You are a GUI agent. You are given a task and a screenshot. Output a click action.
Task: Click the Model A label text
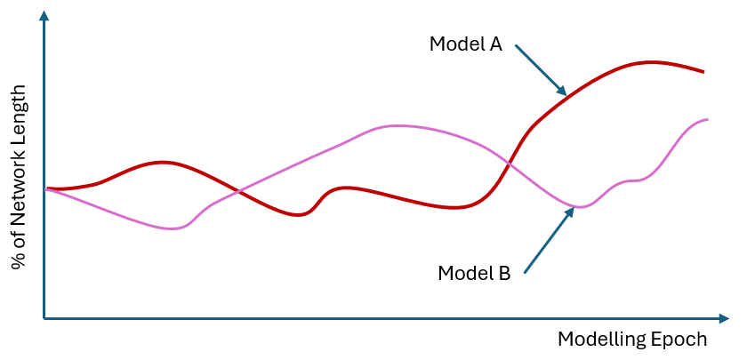(x=466, y=44)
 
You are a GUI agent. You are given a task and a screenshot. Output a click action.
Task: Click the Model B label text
(x=474, y=273)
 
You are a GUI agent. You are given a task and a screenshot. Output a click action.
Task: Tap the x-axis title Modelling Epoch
(x=632, y=340)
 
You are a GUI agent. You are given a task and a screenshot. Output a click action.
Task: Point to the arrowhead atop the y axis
(x=44, y=15)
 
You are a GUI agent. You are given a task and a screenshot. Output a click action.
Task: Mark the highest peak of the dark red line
(x=652, y=62)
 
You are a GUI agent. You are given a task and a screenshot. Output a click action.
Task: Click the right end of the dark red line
(x=703, y=71)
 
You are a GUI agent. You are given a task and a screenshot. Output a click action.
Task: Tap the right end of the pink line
(x=707, y=119)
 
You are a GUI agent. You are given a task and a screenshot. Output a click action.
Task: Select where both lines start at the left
(x=46, y=188)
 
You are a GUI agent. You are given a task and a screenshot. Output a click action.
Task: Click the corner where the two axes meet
(x=44, y=317)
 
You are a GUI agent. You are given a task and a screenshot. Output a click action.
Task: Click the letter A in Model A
(x=494, y=44)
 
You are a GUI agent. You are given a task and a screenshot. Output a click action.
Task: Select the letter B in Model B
(x=503, y=273)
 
